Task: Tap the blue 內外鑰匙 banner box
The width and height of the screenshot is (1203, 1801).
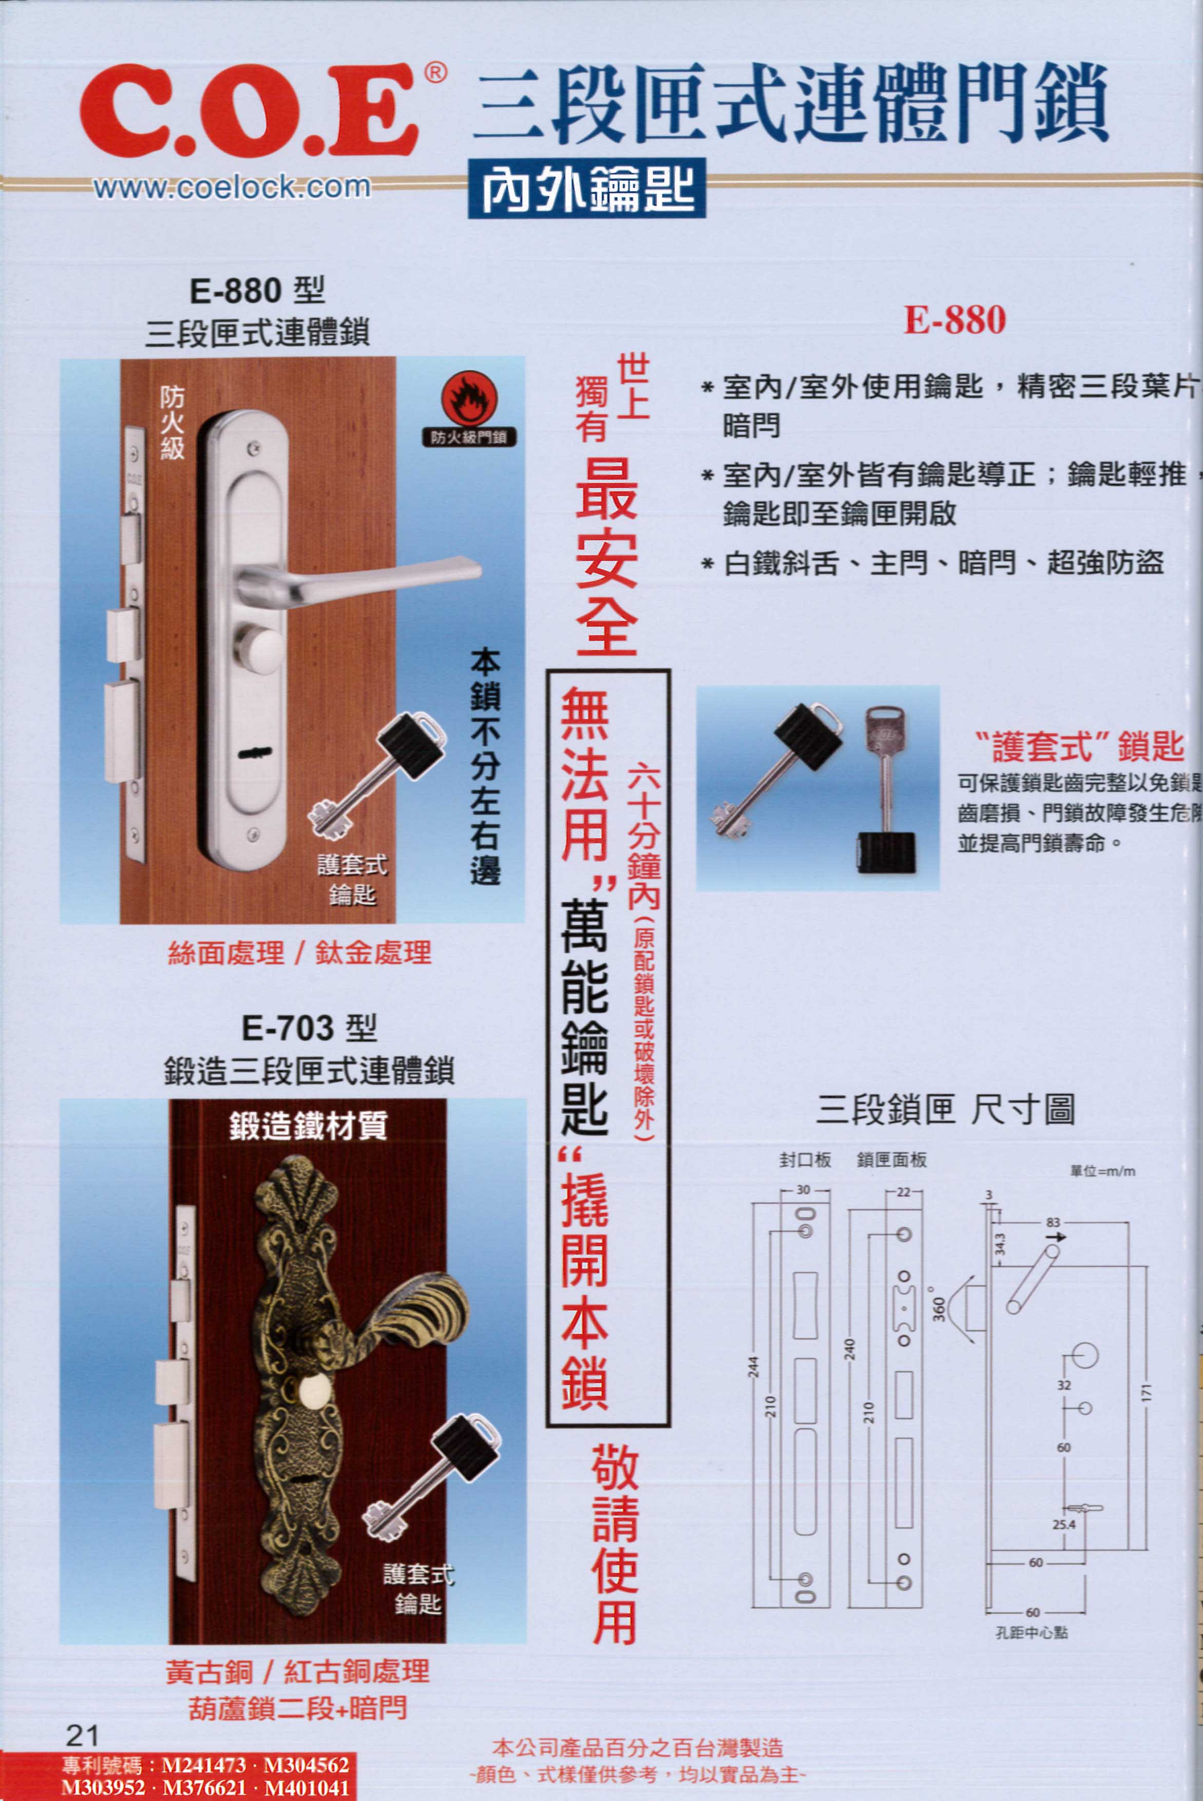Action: [587, 189]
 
